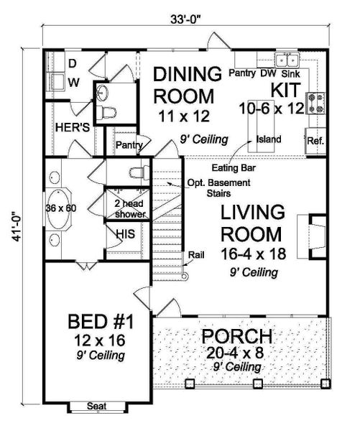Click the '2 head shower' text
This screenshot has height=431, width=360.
[x=130, y=208]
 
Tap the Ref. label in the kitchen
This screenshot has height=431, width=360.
[x=315, y=141]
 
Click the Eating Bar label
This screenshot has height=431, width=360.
[x=239, y=167]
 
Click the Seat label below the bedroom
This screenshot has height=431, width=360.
[x=97, y=407]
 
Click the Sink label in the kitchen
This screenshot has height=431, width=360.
[x=290, y=73]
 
